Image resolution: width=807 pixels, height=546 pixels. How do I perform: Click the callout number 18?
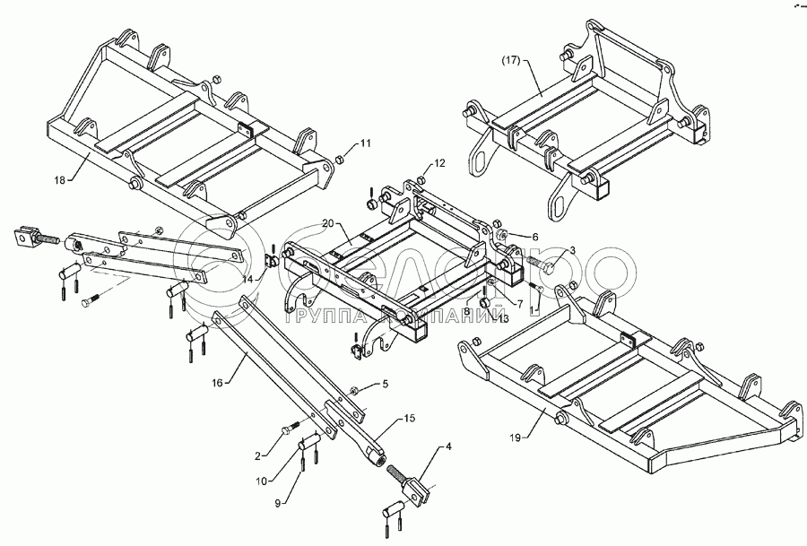(59, 180)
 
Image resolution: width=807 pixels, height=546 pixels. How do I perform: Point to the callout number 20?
(327, 224)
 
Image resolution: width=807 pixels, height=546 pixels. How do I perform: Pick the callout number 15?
(409, 419)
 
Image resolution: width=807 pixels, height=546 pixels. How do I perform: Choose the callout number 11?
(365, 143)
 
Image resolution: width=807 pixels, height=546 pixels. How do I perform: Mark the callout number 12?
(439, 164)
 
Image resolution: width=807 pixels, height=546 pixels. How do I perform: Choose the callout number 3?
(572, 251)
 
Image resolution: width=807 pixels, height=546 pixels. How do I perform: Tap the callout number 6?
(535, 237)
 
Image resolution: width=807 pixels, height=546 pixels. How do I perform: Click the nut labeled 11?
(341, 161)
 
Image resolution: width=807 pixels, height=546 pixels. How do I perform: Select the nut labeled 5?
(354, 391)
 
